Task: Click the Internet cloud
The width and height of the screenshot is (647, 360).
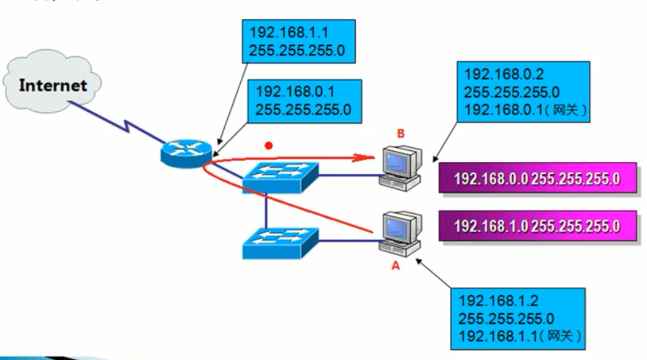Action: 52,84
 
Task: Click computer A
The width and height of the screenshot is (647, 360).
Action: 401,233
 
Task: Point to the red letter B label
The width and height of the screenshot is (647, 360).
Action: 401,134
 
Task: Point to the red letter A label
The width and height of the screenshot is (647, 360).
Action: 396,266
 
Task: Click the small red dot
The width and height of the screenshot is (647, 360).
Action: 269,145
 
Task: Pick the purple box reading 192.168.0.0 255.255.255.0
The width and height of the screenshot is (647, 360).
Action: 537,179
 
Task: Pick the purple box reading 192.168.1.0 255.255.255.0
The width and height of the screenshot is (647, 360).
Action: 537,226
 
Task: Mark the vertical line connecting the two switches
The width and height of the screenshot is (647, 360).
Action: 266,209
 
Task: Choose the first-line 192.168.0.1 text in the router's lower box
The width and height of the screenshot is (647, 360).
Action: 295,92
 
